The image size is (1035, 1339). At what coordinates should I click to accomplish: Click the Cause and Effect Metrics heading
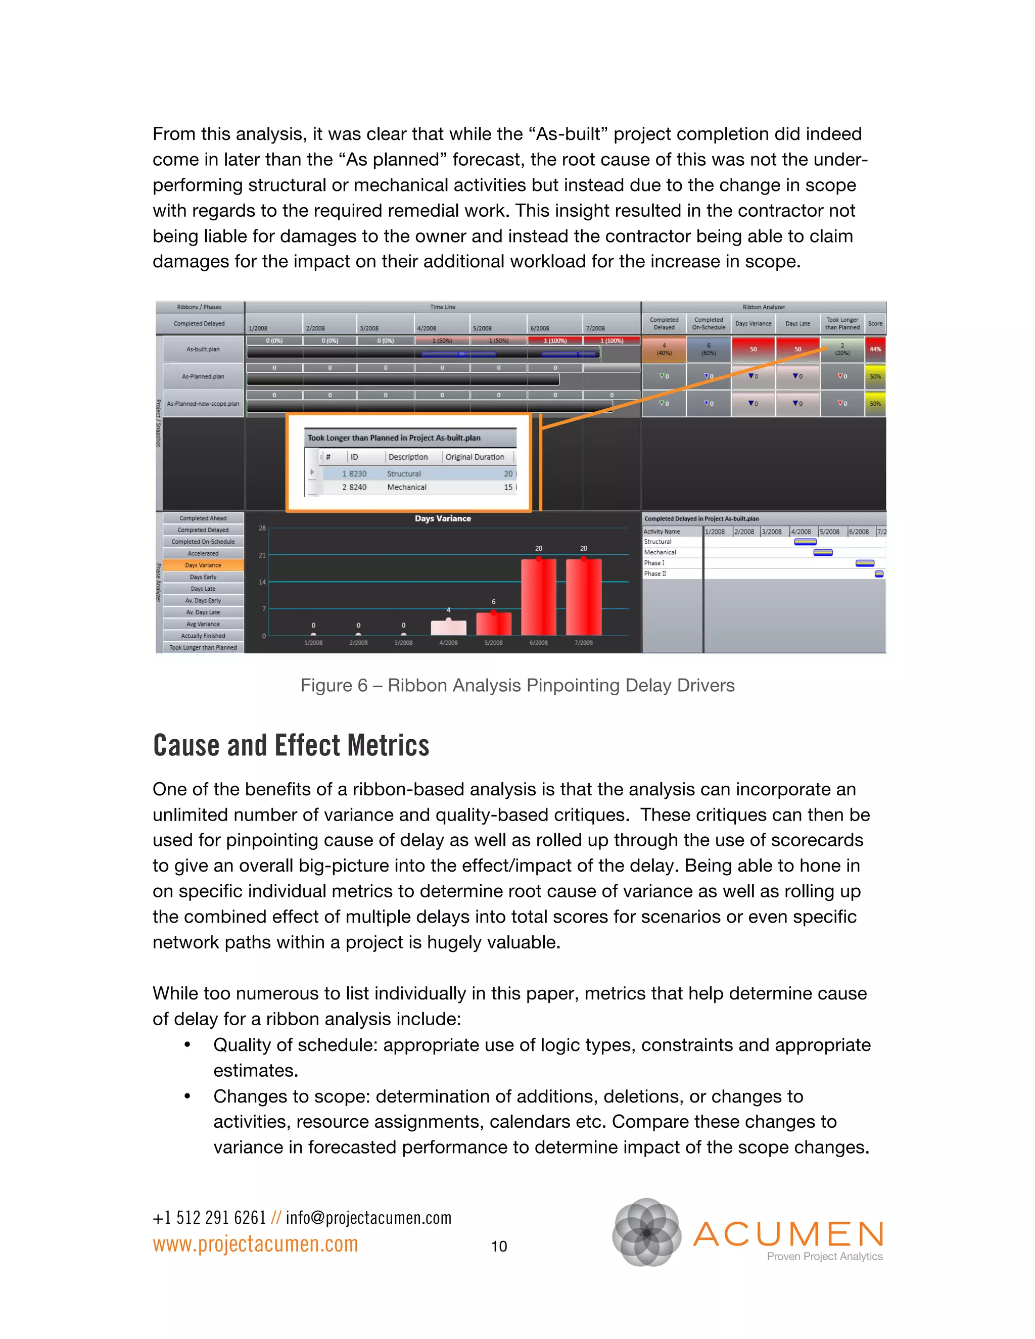[291, 745]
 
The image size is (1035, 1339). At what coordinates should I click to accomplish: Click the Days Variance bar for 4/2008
[448, 627]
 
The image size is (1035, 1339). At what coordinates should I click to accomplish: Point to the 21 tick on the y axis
[262, 555]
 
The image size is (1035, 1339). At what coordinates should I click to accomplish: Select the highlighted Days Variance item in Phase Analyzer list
[203, 565]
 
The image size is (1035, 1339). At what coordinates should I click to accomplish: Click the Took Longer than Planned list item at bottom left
[203, 647]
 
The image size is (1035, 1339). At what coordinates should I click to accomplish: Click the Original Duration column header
[475, 457]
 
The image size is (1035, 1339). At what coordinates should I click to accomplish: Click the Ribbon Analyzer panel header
[764, 307]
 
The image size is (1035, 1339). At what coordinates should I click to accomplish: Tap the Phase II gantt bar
[879, 574]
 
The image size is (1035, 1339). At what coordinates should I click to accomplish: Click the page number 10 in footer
[499, 1246]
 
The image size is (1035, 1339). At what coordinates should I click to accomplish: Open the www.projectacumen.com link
[255, 1244]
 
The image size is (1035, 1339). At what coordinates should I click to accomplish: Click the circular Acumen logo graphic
[646, 1232]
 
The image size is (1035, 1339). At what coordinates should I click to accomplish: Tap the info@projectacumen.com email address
[368, 1218]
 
